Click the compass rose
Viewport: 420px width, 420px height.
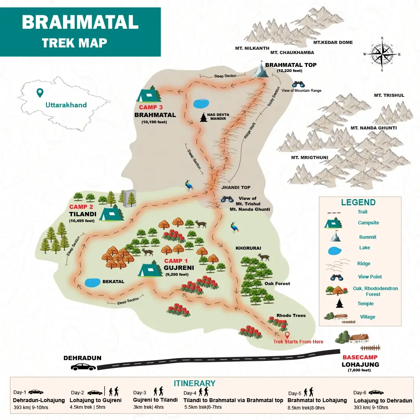coord(382,54)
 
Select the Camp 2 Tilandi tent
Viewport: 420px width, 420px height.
coord(111,213)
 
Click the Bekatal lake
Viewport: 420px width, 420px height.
coord(92,283)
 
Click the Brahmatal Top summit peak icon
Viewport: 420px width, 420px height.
coord(261,70)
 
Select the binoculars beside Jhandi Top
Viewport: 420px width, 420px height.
coord(227,199)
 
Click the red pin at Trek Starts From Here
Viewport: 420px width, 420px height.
coord(287,335)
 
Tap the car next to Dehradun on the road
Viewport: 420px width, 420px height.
coord(83,367)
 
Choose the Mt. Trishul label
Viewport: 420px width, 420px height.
coord(389,95)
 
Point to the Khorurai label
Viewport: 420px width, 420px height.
coord(248,248)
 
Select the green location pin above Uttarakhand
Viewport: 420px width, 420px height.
coord(39,93)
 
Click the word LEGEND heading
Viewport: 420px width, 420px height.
coord(358,202)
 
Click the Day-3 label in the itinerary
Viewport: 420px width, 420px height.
coord(140,393)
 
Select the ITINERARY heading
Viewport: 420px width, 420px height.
coord(194,383)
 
